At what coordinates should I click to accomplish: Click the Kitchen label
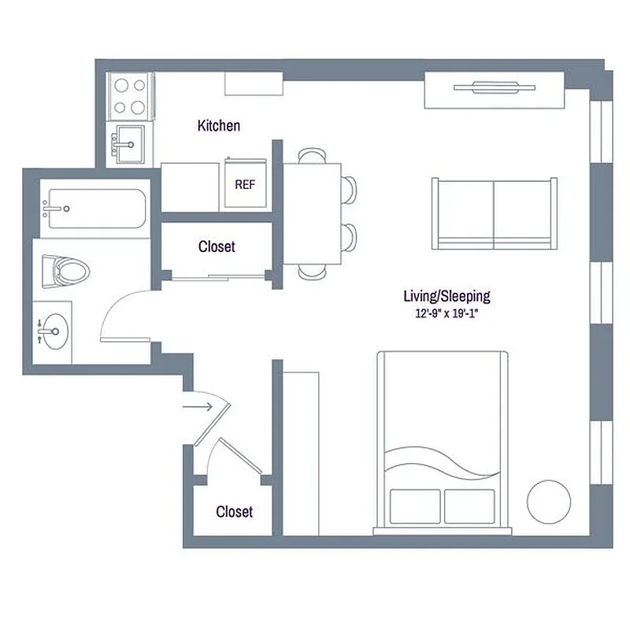coord(219,126)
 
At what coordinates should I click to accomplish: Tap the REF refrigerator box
coord(244,183)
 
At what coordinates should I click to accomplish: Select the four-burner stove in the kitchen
coord(130,96)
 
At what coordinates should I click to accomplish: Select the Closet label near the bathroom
coord(217,246)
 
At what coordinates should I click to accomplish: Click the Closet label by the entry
coord(235,512)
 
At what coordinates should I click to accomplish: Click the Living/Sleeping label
coord(447,296)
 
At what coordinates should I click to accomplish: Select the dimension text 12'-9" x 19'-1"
coord(447,313)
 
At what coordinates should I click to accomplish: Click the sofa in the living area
coord(494,212)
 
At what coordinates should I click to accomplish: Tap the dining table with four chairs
coord(312,213)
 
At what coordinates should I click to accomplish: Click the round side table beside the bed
coord(548,501)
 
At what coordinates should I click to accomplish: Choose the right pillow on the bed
coord(469,505)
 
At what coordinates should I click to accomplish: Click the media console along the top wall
coord(494,90)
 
